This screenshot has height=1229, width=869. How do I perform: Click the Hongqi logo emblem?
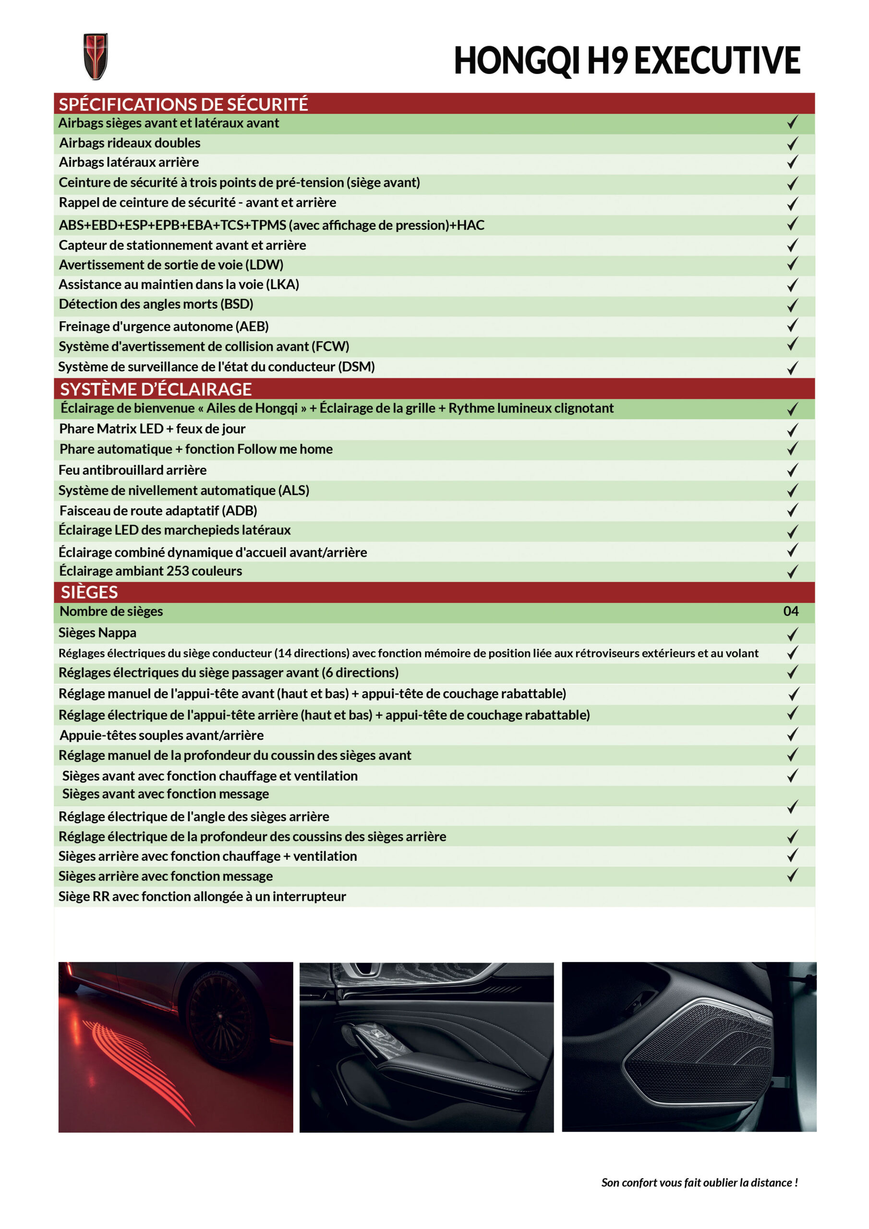point(96,57)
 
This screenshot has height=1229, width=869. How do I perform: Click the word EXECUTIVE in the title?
point(717,60)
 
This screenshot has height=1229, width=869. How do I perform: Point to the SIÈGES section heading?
point(89,592)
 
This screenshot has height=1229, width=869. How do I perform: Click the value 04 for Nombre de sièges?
point(790,611)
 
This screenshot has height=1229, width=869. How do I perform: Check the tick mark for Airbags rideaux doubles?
point(793,143)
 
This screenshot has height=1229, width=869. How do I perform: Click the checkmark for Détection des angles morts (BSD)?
point(793,305)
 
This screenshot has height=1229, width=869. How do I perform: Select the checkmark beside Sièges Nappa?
point(793,634)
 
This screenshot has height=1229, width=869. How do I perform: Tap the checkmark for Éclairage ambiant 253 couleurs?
point(793,572)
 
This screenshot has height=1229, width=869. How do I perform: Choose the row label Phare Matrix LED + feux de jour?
point(152,429)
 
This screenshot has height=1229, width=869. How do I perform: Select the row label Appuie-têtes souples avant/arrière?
point(161,735)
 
